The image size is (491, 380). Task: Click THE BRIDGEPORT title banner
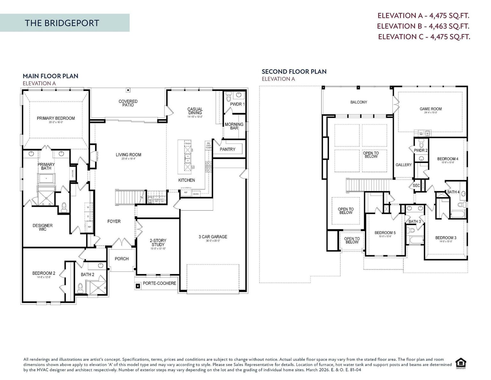62,23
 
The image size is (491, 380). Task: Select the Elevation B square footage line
423,26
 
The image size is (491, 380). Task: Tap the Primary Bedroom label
56,118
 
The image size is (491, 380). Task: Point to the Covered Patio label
128,103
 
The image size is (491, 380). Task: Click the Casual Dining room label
195,111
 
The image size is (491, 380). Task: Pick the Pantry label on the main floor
227,150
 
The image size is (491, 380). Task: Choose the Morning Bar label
234,126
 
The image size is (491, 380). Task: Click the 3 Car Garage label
213,237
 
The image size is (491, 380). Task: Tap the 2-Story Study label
158,243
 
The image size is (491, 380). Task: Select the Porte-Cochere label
159,283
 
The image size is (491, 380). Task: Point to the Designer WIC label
43,227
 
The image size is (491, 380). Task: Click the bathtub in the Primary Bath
47,178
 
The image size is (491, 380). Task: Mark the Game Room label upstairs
431,109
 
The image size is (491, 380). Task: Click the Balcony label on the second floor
359,102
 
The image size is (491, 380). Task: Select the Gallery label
403,165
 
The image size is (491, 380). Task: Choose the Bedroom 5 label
385,233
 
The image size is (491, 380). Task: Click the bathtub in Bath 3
414,240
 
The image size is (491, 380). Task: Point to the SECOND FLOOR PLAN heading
294,72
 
